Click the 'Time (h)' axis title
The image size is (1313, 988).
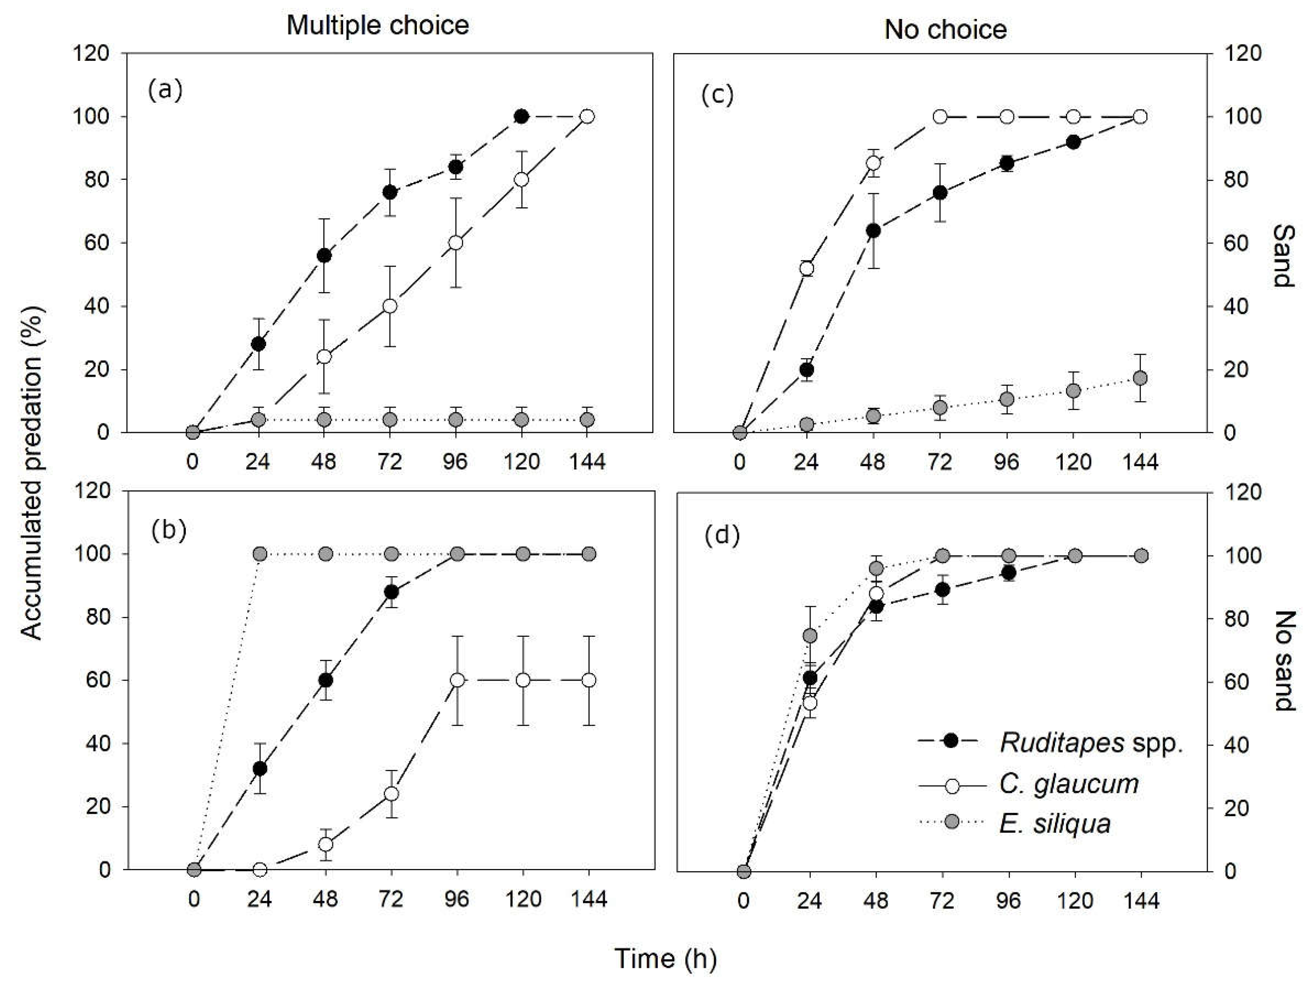click(666, 958)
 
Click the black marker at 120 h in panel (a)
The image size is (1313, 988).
click(521, 117)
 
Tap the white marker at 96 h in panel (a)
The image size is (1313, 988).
click(456, 243)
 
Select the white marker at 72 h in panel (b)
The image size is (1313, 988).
click(391, 794)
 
